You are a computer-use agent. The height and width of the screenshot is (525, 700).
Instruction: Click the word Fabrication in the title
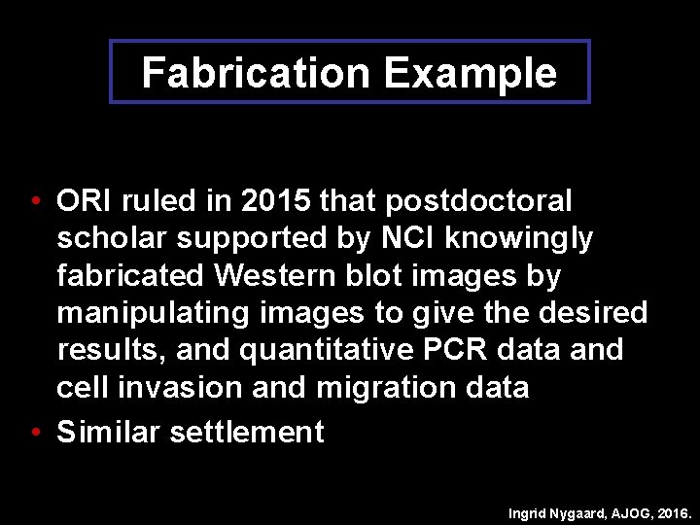pyautogui.click(x=256, y=73)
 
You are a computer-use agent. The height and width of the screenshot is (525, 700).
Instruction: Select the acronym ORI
pyautogui.click(x=85, y=201)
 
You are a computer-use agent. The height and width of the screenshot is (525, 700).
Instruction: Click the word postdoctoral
pyautogui.click(x=478, y=201)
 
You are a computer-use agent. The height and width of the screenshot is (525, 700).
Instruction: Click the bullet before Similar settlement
pyautogui.click(x=35, y=432)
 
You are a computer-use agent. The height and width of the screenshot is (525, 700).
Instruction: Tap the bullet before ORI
pyautogui.click(x=35, y=202)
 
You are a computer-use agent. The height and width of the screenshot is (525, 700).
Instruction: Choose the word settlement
pyautogui.click(x=247, y=432)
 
